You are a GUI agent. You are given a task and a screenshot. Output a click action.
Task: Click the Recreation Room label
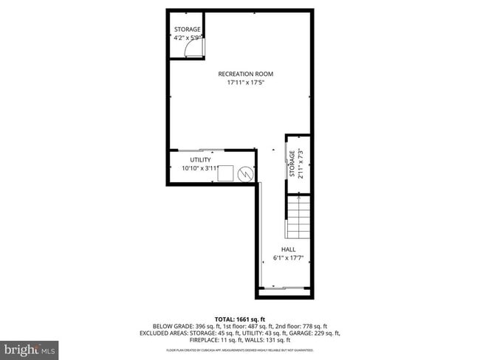(245, 74)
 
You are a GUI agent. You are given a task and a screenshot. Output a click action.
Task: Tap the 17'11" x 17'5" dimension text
(245, 83)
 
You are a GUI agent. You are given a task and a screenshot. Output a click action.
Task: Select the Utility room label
(200, 159)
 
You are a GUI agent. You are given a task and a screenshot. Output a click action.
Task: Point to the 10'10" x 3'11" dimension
(200, 168)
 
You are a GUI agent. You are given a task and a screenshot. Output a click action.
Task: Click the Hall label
(288, 249)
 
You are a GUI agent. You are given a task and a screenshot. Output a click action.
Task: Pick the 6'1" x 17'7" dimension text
(288, 258)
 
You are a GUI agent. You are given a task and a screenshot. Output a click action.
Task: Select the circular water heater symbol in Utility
(246, 174)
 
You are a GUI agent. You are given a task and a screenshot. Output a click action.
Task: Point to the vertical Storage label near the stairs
(292, 164)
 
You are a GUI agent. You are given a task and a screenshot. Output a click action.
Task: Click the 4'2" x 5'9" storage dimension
(187, 37)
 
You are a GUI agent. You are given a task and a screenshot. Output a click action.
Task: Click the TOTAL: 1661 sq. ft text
(239, 318)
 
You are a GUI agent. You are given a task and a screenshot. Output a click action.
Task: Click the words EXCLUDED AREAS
(162, 333)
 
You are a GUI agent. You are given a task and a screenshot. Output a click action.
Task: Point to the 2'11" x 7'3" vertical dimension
(301, 164)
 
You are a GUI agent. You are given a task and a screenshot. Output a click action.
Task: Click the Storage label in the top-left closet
(187, 29)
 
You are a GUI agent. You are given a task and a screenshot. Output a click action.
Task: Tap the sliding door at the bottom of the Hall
(284, 286)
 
